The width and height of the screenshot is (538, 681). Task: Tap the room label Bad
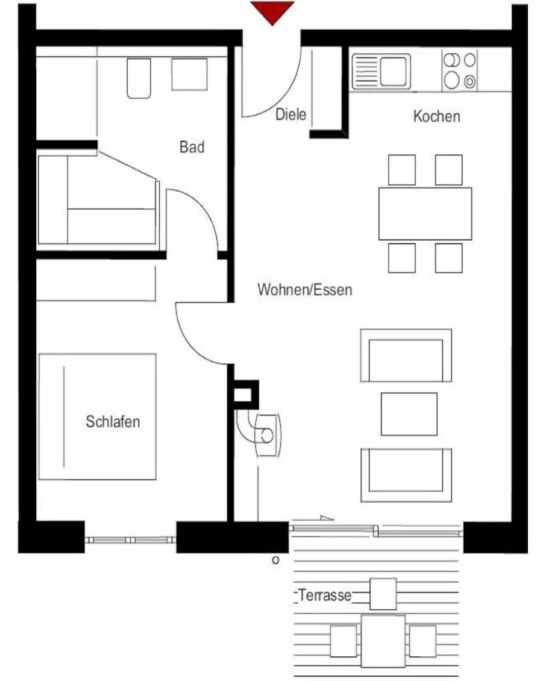192,147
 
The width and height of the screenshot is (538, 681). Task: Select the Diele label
291,114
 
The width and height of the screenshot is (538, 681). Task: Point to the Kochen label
437,117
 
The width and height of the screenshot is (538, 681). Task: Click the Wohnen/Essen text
305,290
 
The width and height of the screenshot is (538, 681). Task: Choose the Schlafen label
113,421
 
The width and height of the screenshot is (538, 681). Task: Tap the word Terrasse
324,595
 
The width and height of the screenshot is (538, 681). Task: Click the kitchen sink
381,71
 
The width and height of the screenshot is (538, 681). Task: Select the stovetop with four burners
460,70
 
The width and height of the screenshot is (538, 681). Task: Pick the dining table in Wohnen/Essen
425,214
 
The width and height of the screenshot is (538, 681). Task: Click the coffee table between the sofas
409,414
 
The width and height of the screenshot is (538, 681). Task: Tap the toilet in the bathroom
138,78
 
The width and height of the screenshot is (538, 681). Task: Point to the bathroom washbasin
189,74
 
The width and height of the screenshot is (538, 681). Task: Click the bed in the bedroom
98,416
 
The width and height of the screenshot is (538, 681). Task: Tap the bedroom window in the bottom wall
131,540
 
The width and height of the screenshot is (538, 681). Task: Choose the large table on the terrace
383,641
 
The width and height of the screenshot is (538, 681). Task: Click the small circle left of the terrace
275,559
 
